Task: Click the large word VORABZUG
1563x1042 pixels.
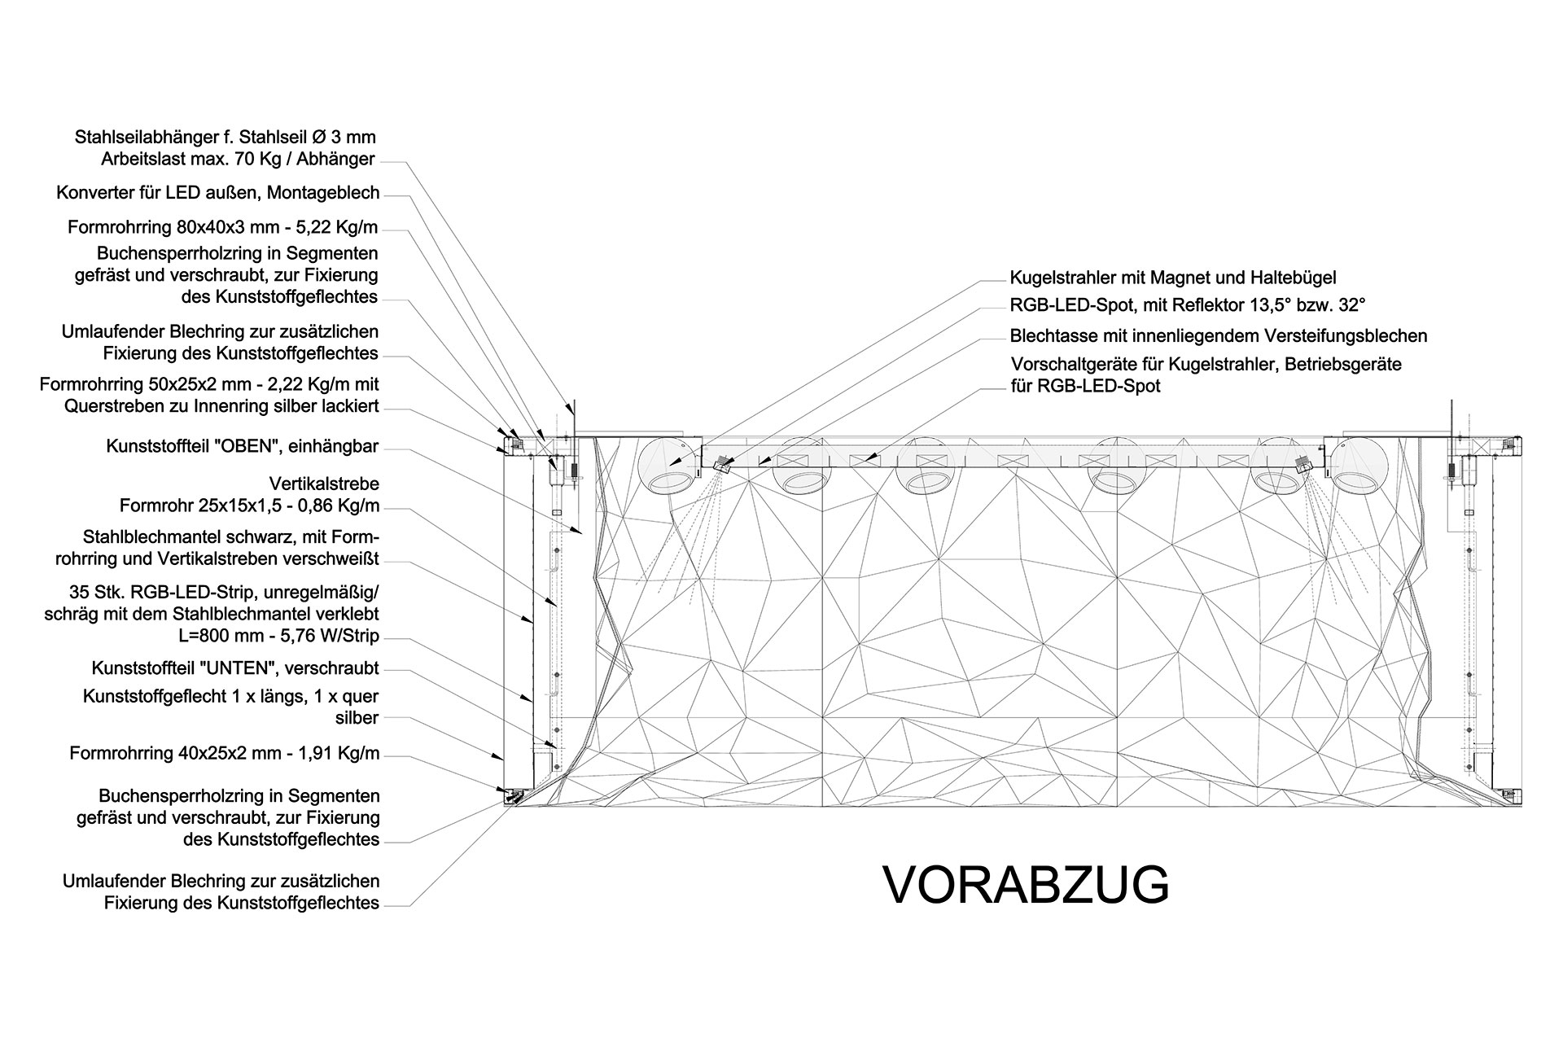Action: pyautogui.click(x=1026, y=885)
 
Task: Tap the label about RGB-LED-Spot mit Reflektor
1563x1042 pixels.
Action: pyautogui.click(x=1187, y=306)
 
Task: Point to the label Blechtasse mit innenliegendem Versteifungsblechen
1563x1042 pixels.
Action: pyautogui.click(x=1219, y=335)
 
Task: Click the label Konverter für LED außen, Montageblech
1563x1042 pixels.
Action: pyautogui.click(x=218, y=193)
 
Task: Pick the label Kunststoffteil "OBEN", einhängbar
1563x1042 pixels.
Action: pyautogui.click(x=243, y=447)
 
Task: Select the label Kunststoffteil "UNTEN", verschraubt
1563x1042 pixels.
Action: pyautogui.click(x=235, y=668)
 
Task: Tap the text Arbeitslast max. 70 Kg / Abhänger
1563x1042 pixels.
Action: pyautogui.click(x=239, y=159)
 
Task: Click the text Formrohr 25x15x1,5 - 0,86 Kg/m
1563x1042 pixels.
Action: pyautogui.click(x=249, y=506)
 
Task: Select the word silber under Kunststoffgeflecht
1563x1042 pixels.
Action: pyautogui.click(x=357, y=718)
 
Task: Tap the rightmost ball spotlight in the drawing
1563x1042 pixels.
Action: pyautogui.click(x=1359, y=466)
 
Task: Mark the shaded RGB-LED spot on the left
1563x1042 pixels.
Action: pyautogui.click(x=720, y=464)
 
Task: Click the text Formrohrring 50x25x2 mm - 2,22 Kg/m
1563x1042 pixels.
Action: pyautogui.click(x=209, y=383)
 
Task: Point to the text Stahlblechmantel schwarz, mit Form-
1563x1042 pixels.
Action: pyautogui.click(x=231, y=538)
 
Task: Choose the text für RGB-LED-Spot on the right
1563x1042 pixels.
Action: pyautogui.click(x=1085, y=386)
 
